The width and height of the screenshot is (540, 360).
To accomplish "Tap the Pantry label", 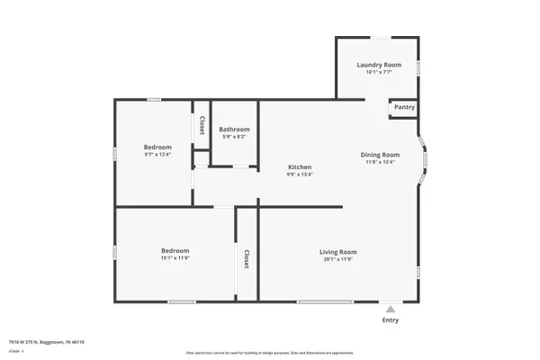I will pyautogui.click(x=404, y=108).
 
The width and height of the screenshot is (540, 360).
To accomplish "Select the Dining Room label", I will pyautogui.click(x=380, y=155).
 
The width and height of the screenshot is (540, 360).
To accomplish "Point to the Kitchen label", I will pyautogui.click(x=300, y=167).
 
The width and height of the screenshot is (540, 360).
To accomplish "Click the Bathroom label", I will pyautogui.click(x=236, y=130).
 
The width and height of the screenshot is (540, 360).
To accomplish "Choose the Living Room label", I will pyautogui.click(x=338, y=252).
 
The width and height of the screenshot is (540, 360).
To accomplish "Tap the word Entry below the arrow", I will pyautogui.click(x=391, y=320).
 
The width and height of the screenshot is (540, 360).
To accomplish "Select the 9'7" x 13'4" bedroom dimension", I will pyautogui.click(x=157, y=155).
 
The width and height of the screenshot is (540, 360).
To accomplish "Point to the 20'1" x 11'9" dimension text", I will pyautogui.click(x=338, y=259).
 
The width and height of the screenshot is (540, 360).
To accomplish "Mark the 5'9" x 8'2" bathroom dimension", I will pyautogui.click(x=236, y=137).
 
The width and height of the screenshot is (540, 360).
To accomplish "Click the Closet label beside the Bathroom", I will pyautogui.click(x=202, y=125).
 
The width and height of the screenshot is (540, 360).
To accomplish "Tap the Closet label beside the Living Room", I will pyautogui.click(x=245, y=259).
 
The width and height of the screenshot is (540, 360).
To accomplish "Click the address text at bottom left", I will pyautogui.click(x=52, y=342).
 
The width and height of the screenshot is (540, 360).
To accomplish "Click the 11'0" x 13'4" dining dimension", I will pyautogui.click(x=380, y=162).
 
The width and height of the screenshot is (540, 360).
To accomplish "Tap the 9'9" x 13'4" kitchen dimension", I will pyautogui.click(x=300, y=175).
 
